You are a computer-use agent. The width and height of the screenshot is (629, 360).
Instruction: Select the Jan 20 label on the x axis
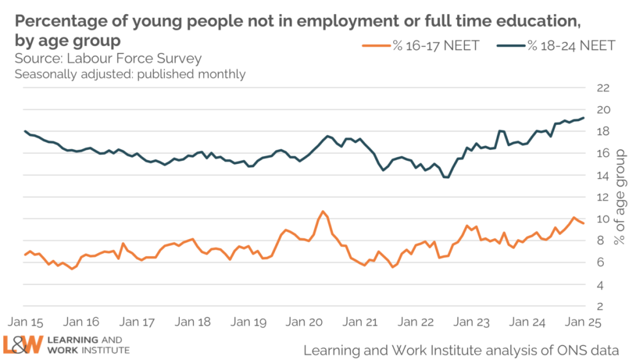(305, 321)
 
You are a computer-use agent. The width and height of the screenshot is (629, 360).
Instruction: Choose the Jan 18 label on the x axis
(193, 321)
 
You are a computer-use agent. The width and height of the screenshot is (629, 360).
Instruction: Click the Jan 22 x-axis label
(416, 321)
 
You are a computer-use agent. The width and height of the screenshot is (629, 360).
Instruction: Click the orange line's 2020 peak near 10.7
(322, 211)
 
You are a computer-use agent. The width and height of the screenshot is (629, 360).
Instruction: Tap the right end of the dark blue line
(584, 118)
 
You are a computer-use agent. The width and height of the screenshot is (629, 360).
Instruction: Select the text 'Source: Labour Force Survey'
(107, 59)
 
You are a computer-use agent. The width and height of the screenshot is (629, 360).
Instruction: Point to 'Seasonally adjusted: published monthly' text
(130, 74)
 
